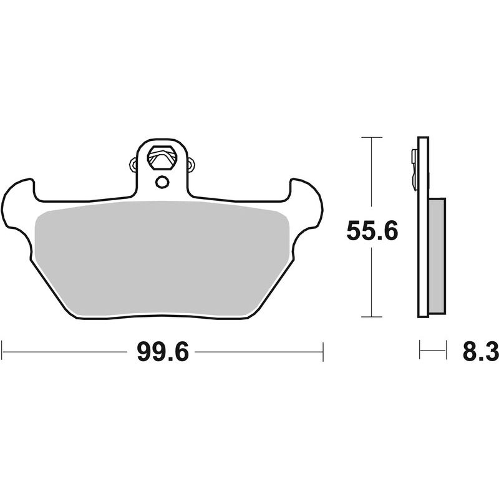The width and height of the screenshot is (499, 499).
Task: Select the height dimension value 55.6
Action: (372, 232)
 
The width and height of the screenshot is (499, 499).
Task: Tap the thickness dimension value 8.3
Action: (480, 352)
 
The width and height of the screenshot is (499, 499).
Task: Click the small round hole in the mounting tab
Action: (162, 182)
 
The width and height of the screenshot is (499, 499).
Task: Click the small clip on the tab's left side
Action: (133, 165)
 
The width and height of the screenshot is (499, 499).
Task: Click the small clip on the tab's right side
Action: (191, 165)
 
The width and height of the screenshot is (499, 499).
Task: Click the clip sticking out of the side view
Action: (414, 168)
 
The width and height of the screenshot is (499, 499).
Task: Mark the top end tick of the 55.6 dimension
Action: (372, 136)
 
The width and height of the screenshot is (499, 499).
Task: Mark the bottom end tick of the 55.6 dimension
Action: (372, 317)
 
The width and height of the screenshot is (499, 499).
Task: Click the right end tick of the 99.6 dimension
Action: (322, 351)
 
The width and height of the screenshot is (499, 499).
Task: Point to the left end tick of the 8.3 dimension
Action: (420, 351)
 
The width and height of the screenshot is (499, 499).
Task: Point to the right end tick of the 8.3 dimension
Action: (446, 351)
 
